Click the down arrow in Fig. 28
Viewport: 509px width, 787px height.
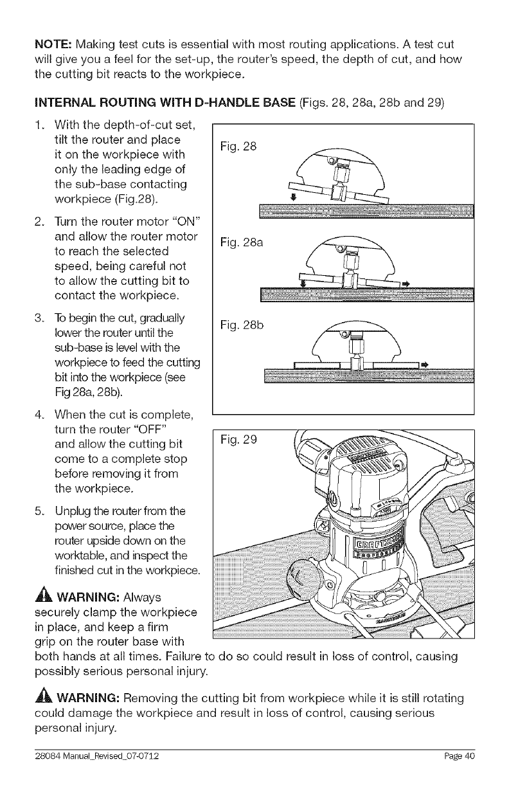tap(294, 197)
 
